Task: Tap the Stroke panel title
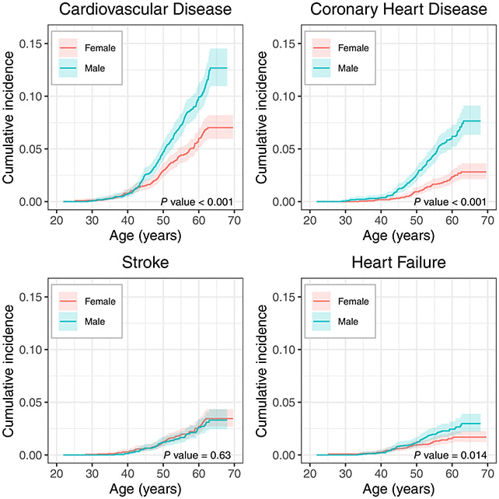[143, 263]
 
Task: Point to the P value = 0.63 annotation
[197, 454]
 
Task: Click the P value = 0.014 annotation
[449, 454]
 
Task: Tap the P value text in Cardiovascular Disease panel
[196, 202]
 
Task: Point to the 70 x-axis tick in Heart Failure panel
[487, 473]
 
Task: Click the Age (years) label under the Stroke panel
[143, 489]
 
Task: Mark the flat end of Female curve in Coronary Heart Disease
[474, 172]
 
